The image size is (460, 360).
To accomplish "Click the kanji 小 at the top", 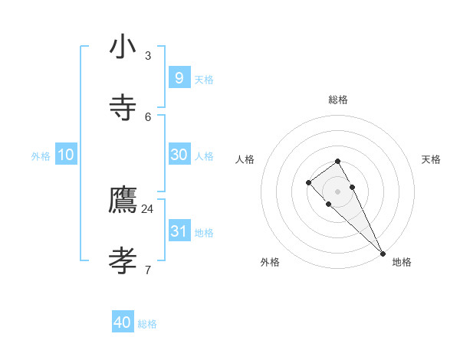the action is pos(122,47).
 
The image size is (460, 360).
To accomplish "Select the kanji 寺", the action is pos(122,108).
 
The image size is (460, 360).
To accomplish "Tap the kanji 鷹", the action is pos(122,201).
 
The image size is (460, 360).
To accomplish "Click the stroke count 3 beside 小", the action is pos(148,55).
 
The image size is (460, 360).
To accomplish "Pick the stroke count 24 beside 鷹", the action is pos(147,208).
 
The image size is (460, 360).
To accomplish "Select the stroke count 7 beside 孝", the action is pos(148,269).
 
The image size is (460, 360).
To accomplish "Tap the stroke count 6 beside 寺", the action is pos(148,116).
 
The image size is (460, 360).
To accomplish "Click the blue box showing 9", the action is pos(179,78).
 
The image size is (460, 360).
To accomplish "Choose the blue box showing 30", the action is pos(179,155).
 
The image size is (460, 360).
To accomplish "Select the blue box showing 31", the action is pos(179,231).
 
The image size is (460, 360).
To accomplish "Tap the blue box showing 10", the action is pos(66,155).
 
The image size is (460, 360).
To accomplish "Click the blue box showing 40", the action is pos(122,322).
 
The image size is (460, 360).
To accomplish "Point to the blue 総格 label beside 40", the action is pos(147,324).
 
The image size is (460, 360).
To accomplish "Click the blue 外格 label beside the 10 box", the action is pos(41,156).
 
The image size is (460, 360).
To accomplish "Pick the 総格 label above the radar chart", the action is pos(338,100).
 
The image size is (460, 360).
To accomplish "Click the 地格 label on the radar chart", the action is pos(402,262).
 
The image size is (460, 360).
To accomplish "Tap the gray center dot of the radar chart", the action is pos(337,191).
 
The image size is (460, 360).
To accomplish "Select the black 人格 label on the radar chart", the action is pos(245,159).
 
